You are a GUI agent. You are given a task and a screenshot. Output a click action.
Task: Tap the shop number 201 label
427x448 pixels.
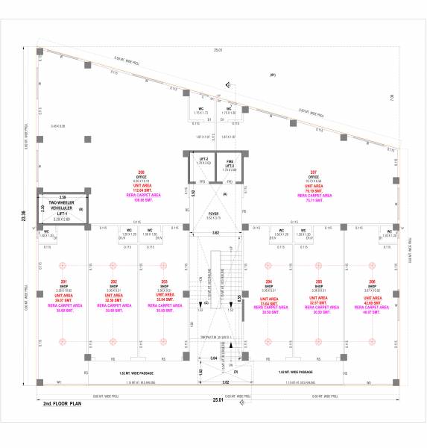[63, 281]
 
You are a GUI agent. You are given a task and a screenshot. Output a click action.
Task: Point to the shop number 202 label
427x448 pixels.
[113, 281]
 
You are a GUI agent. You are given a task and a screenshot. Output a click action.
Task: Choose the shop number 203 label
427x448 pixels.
[164, 281]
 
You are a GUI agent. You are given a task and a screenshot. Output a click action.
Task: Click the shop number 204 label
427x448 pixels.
[268, 281]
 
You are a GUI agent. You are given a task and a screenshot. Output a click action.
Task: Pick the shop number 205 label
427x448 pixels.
[318, 281]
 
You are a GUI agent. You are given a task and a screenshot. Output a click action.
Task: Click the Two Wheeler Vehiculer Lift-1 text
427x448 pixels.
[63, 207]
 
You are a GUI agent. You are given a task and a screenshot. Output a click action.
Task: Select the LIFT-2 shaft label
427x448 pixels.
[202, 159]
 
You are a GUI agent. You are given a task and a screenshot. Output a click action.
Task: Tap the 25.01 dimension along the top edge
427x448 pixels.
[218, 50]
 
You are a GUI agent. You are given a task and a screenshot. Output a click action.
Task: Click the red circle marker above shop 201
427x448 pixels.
[63, 264]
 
